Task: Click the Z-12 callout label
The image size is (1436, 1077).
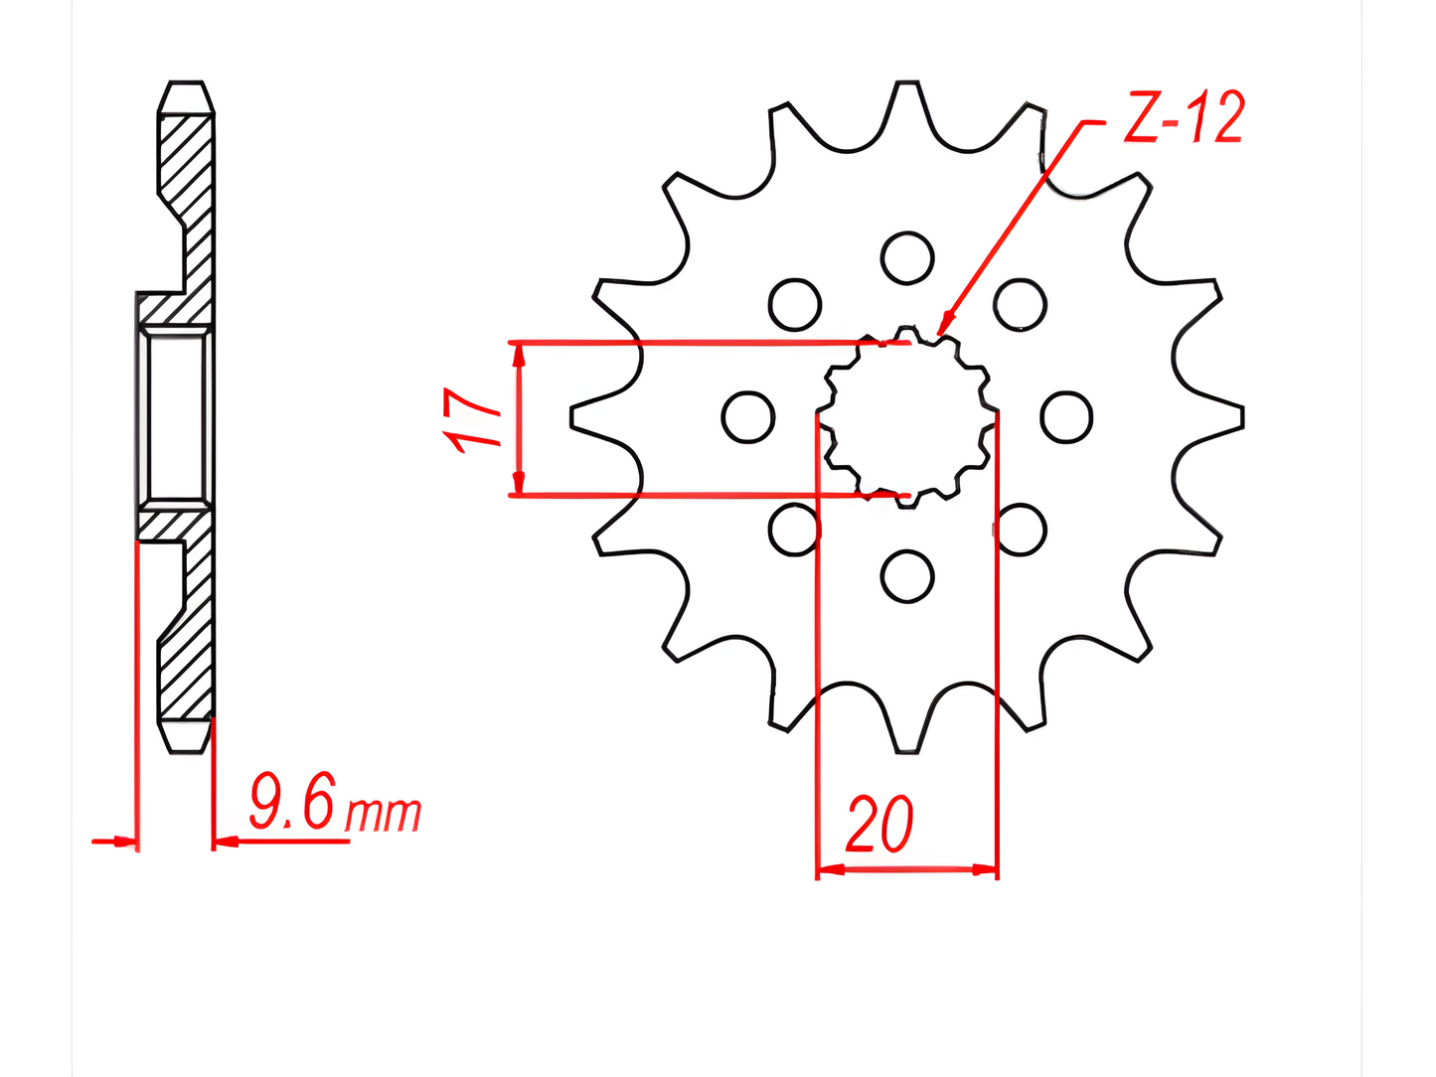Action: tap(1185, 117)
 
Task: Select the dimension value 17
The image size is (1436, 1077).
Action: tap(470, 420)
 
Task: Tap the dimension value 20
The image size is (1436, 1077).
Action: tap(878, 824)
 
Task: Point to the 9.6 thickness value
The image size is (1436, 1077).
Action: tap(292, 801)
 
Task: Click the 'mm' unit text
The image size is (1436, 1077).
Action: tap(383, 814)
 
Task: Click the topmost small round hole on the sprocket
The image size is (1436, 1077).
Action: tap(906, 257)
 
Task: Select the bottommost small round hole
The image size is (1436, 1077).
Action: tap(906, 576)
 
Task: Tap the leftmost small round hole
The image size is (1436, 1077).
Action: tap(747, 417)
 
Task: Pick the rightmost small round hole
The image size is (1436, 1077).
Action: tap(1065, 417)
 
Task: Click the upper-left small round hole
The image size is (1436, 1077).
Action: tap(794, 305)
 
